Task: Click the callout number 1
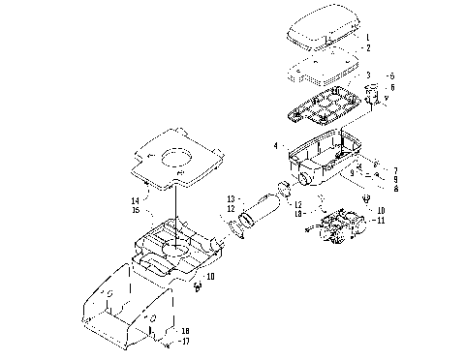pos(367,37)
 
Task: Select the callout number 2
pos(367,47)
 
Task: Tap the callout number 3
pos(367,74)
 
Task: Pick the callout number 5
pos(392,75)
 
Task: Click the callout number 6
pos(392,87)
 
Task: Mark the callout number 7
pos(396,170)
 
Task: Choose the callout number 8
pos(396,189)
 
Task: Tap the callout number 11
pos(381,221)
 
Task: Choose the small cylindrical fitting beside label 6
pos(372,94)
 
